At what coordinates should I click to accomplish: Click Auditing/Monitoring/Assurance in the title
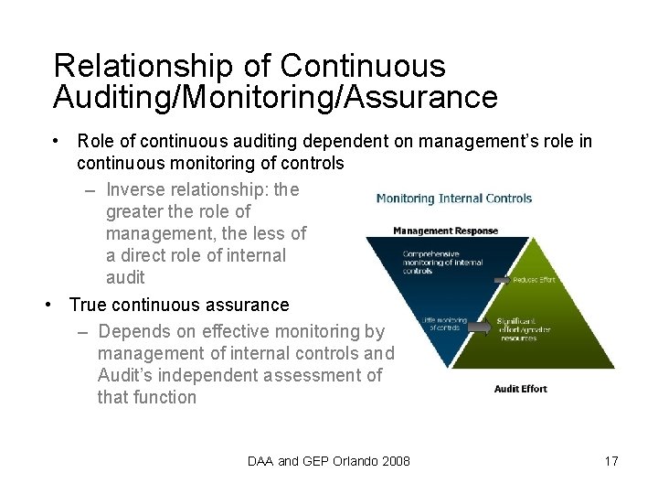click(x=275, y=97)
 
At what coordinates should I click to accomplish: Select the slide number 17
click(x=611, y=461)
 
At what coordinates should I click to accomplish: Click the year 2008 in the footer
click(x=392, y=461)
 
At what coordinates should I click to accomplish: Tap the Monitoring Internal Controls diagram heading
click(x=454, y=198)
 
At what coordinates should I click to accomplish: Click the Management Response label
click(x=445, y=231)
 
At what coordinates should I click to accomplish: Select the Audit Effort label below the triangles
click(x=520, y=389)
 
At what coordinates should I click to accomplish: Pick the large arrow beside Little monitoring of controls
click(x=481, y=325)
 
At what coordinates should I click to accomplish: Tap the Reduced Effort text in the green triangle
click(x=534, y=280)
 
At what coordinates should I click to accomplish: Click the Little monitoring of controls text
click(x=444, y=323)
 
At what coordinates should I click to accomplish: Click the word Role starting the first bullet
click(x=95, y=141)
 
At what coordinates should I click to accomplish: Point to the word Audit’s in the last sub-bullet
click(x=125, y=375)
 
